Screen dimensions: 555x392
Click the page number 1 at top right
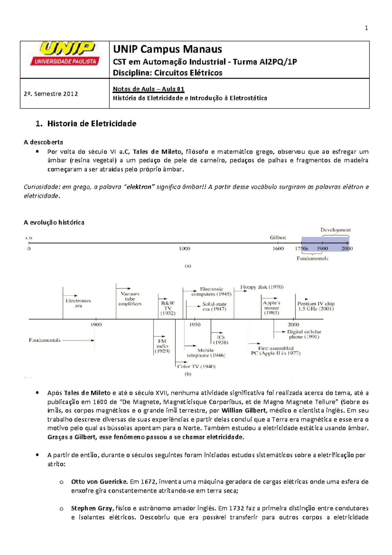(x=366, y=28)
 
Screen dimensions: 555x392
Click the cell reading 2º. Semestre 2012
(x=51, y=94)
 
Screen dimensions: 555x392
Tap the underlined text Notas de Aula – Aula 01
(x=149, y=89)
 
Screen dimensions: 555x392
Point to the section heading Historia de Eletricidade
(x=91, y=124)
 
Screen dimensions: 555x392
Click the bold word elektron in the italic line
(x=139, y=187)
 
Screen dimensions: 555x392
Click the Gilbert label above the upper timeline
(x=278, y=238)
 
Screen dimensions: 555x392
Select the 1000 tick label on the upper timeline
(x=185, y=248)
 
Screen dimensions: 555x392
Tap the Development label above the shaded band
(x=335, y=230)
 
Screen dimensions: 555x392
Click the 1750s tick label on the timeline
(x=301, y=248)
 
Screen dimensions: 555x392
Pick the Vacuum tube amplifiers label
(x=130, y=299)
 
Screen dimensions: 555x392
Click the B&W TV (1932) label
(x=168, y=308)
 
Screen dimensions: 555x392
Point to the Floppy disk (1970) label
(x=262, y=287)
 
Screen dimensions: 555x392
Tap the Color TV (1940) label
(x=196, y=366)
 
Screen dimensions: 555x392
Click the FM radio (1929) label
(x=162, y=346)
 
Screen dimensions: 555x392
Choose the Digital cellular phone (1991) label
(x=304, y=334)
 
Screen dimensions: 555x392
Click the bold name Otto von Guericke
(x=99, y=481)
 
